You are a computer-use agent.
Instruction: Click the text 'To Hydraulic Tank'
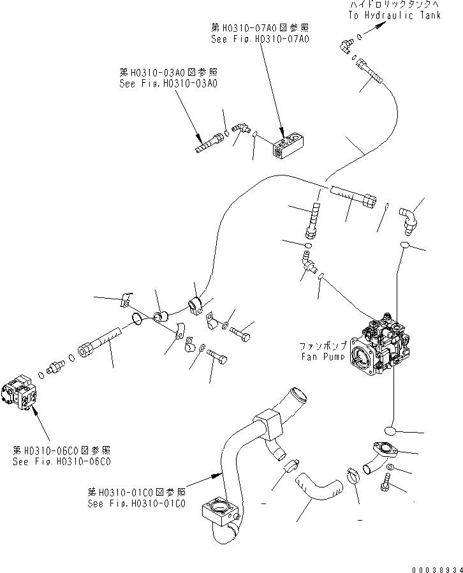coord(394,15)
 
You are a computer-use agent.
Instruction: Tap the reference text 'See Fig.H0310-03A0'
coord(168,83)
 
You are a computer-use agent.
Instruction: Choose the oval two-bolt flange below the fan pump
coord(383,450)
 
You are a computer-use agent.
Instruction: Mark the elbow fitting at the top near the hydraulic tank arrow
coord(345,45)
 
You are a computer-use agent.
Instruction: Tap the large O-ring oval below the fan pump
coord(395,431)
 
